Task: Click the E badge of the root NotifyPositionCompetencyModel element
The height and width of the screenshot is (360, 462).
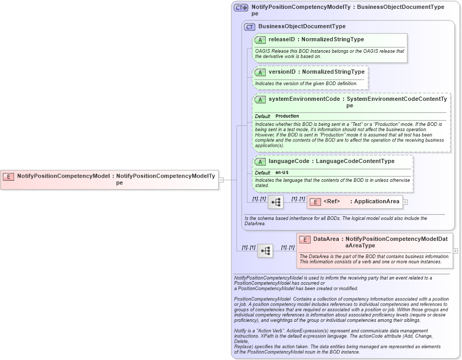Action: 9,176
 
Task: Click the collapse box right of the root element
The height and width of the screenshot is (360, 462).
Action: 221,180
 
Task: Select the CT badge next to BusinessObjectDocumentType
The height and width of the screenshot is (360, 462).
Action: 250,27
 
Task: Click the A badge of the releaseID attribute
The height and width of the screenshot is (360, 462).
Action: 260,40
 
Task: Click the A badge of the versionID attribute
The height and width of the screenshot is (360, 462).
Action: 260,72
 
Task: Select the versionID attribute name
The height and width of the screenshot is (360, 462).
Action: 282,72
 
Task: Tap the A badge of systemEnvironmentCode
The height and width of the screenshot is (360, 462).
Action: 260,99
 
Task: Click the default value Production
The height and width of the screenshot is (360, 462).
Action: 287,116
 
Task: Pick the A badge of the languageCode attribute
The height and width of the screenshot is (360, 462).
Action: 260,161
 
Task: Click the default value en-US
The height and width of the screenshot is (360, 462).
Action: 282,172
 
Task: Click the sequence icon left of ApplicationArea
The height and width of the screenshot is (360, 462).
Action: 276,202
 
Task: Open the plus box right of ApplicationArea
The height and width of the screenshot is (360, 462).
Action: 405,202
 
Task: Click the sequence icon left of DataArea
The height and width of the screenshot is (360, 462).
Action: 265,251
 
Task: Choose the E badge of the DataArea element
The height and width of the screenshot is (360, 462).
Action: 305,240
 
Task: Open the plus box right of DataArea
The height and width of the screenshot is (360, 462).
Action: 455,251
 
